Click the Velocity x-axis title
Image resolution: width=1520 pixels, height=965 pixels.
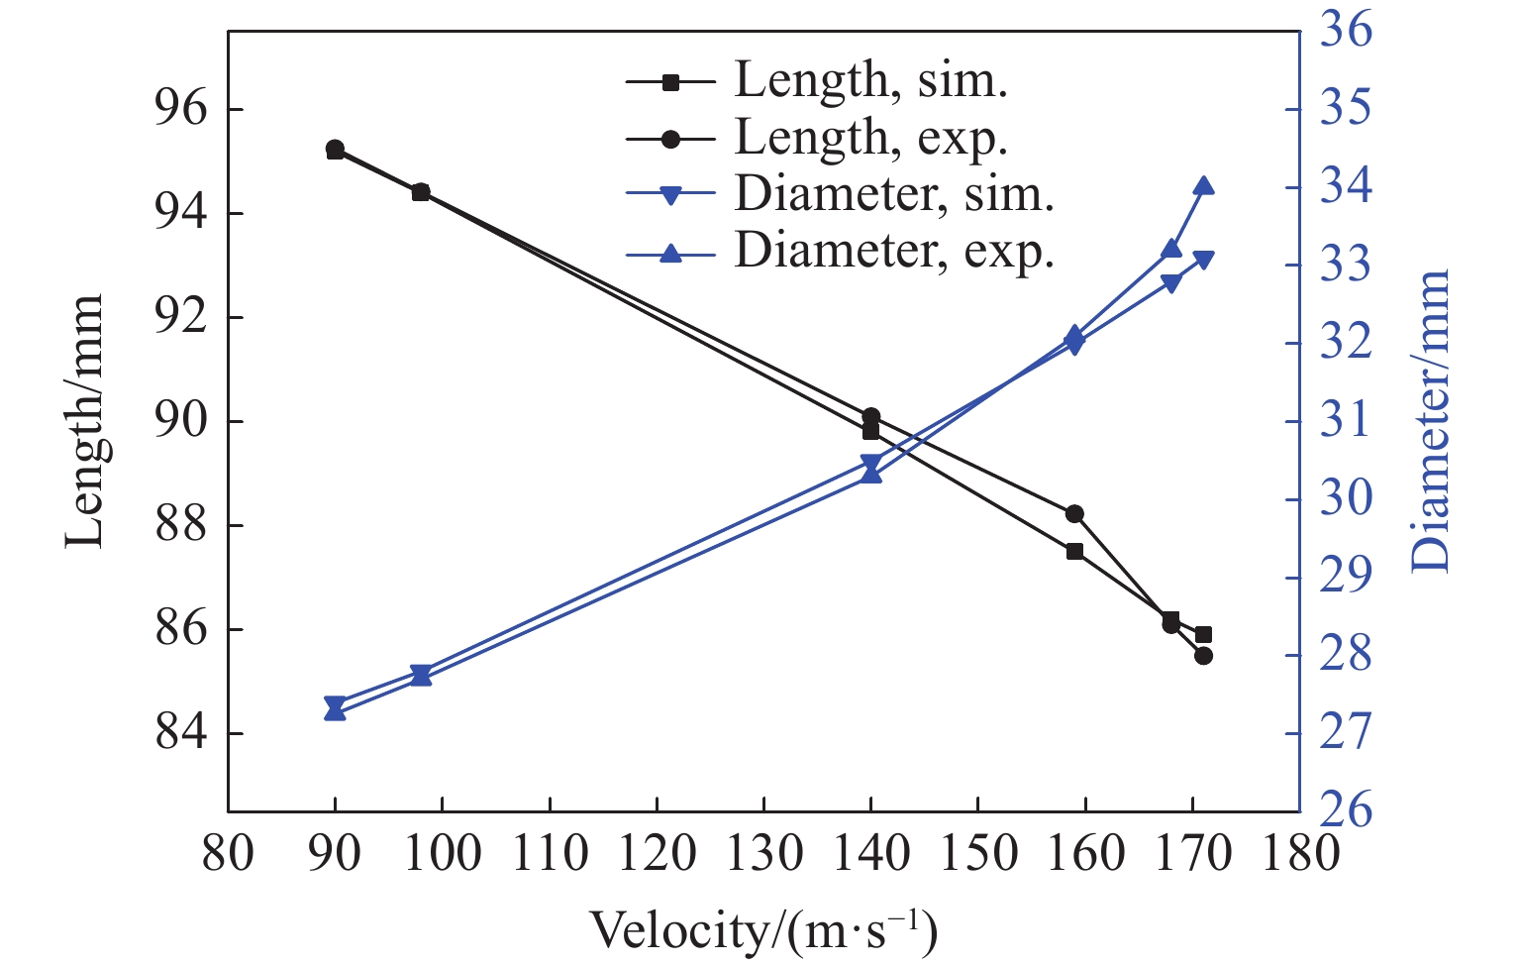click(x=763, y=929)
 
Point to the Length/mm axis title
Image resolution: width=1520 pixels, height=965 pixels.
click(x=85, y=421)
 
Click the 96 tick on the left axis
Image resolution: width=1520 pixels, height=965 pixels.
click(x=182, y=110)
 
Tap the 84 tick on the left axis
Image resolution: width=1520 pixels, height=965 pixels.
click(x=182, y=734)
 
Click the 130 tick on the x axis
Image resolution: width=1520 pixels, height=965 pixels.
click(x=763, y=852)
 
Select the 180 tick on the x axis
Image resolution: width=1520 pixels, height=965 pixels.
click(x=1299, y=852)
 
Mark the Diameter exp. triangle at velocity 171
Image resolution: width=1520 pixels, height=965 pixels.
click(x=1203, y=186)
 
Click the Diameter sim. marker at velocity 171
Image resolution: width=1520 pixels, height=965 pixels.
click(x=1203, y=261)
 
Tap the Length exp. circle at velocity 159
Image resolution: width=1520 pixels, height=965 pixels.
click(x=1074, y=513)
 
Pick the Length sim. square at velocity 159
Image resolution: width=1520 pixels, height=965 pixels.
click(x=1074, y=551)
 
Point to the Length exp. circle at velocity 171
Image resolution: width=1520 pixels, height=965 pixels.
click(x=1203, y=656)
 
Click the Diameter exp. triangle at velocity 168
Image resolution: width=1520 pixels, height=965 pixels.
click(x=1171, y=249)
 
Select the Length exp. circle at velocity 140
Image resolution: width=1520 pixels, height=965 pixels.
click(x=871, y=417)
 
